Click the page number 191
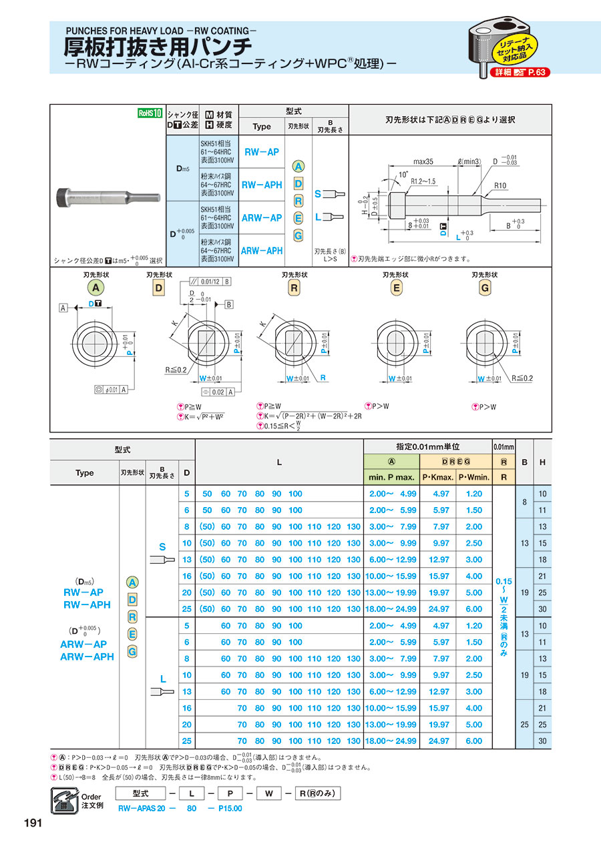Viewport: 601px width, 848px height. pos(33,823)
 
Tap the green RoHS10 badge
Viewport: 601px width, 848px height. pos(150,113)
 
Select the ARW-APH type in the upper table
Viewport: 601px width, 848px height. pos(261,250)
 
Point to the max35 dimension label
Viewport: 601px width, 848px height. pos(424,161)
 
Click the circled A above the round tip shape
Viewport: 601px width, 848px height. pos(95,288)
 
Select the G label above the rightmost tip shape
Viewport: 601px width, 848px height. pos(485,288)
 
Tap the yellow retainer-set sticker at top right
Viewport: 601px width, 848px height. pos(512,47)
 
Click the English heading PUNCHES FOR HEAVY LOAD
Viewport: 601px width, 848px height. pos(160,30)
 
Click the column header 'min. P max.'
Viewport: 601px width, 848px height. pos(391,477)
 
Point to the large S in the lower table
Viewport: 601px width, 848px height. pos(162,547)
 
